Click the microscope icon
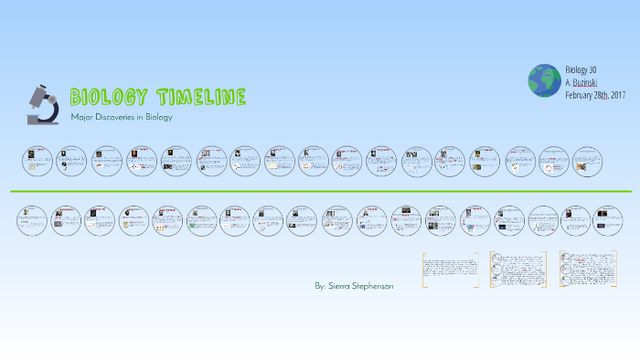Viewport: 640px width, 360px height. point(42,102)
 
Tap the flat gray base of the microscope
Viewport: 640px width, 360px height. point(41,120)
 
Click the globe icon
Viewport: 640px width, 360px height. point(543,80)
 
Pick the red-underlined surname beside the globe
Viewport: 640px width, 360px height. point(586,82)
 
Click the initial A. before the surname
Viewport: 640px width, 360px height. point(569,82)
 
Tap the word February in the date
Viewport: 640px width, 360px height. point(580,94)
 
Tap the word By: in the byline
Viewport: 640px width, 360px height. point(320,286)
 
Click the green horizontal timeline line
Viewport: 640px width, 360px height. point(320,191)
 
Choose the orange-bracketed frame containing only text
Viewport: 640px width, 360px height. point(450,270)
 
